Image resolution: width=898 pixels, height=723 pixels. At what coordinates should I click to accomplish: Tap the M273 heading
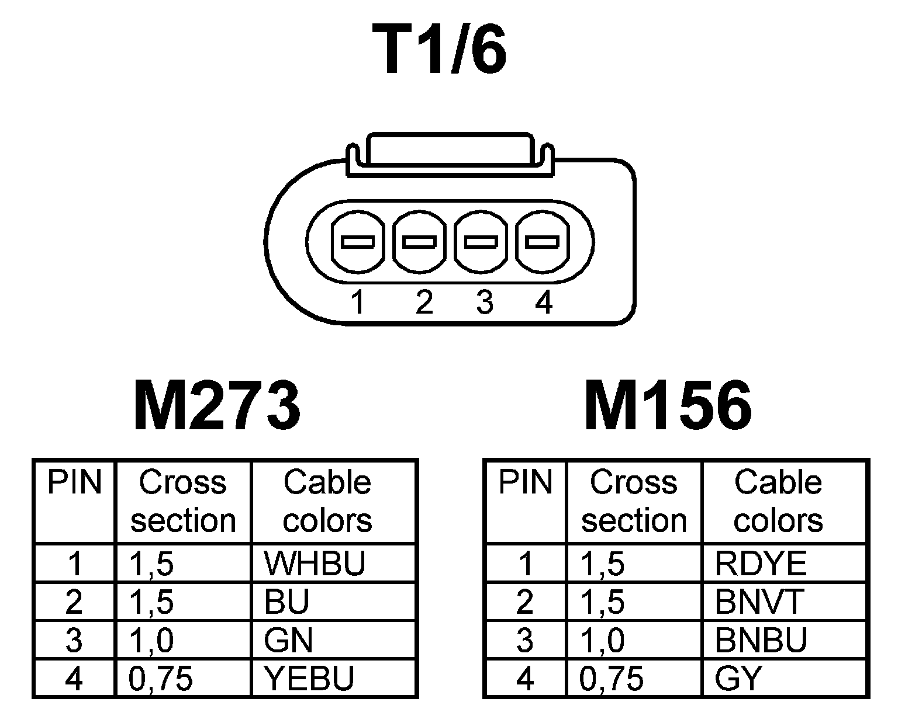point(217,405)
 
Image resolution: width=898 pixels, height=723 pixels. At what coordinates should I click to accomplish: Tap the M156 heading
point(668,405)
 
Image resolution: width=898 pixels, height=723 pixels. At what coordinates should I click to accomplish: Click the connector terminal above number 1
point(358,242)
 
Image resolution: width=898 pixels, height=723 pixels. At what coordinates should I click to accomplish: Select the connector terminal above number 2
point(419,242)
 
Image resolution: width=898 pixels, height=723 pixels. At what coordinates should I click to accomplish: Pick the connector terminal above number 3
point(481,242)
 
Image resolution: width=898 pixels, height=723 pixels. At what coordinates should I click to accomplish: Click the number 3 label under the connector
point(484,303)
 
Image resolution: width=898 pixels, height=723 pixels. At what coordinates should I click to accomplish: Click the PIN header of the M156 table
point(525,483)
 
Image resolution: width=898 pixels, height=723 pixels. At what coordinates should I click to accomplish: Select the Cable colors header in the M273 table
point(327,501)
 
